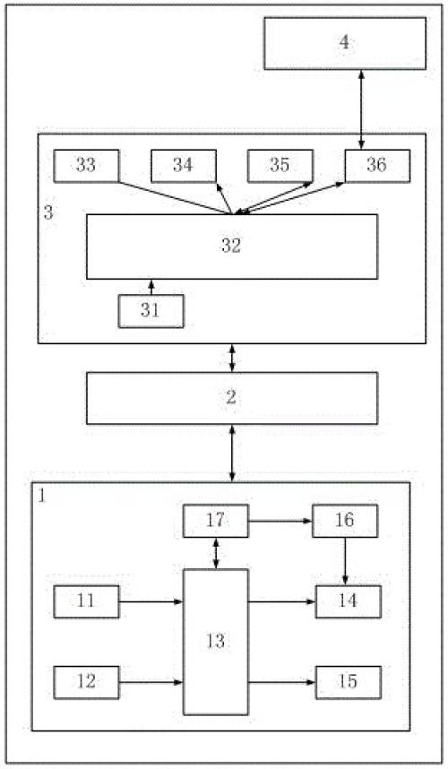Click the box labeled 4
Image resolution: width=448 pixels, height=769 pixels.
point(345,43)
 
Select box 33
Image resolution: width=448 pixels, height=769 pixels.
point(86,166)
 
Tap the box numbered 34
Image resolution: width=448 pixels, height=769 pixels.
point(184,166)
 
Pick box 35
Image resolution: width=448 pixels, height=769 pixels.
point(280,166)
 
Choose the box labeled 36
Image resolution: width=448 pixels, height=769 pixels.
point(377,166)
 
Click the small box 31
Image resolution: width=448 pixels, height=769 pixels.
point(151,311)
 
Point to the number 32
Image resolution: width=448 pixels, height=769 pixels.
point(231,246)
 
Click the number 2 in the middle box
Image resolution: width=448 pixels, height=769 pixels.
point(231,398)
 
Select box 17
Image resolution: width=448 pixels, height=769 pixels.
point(215,521)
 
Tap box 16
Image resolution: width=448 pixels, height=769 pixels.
point(345,521)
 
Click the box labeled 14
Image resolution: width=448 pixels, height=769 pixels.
point(348,601)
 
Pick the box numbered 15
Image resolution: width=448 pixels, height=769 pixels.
point(348,682)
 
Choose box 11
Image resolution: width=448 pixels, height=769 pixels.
point(86,601)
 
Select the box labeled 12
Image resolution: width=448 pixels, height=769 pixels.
point(86,682)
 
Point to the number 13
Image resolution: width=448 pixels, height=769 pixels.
point(216,642)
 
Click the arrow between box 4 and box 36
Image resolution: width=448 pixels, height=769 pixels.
point(361,109)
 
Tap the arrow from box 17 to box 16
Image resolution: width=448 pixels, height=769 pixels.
point(280,521)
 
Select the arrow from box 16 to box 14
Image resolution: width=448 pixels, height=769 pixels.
point(345,561)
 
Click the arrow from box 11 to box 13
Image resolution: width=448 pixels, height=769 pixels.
point(151,601)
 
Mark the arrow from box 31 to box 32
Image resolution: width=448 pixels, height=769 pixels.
point(151,287)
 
